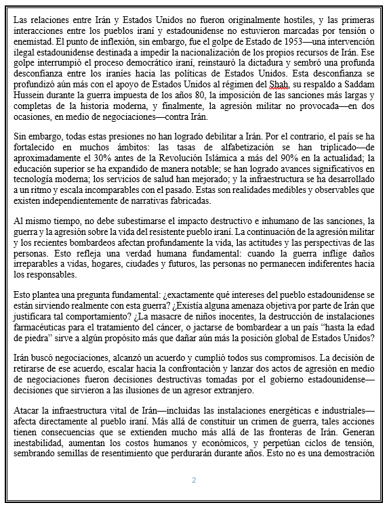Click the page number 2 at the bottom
pyautogui.click(x=193, y=481)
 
